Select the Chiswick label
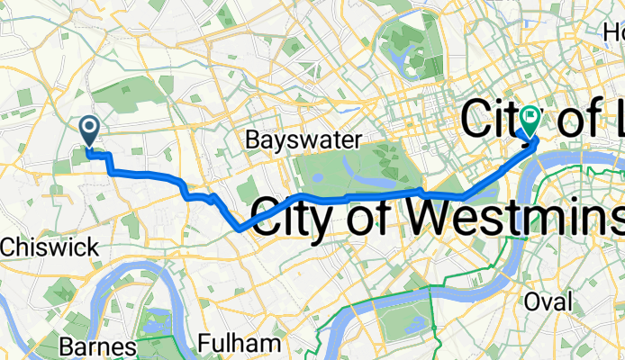pos(32,245)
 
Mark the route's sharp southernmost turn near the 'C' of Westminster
pos(237,229)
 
